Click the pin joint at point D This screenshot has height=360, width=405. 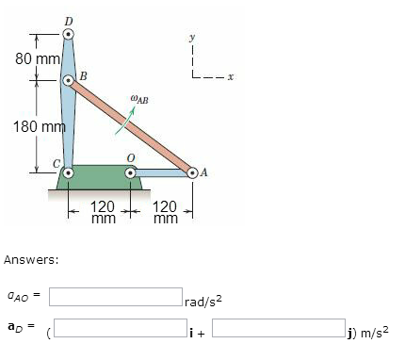[x=68, y=35]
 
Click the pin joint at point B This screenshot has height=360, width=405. [x=68, y=81]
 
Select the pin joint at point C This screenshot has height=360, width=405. [x=68, y=172]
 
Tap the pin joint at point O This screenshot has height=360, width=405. [x=132, y=172]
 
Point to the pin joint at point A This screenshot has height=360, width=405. [x=193, y=172]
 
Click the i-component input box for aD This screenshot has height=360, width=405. [x=127, y=330]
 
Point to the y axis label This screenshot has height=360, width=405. [x=192, y=40]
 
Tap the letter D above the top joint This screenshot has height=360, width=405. [x=68, y=18]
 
